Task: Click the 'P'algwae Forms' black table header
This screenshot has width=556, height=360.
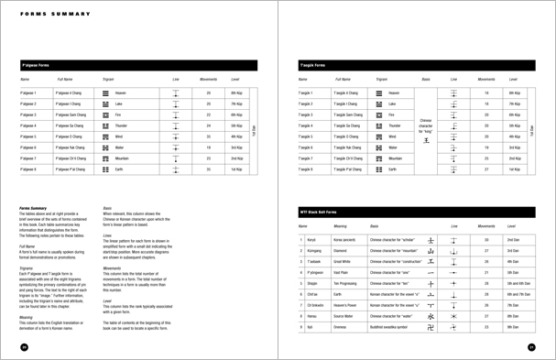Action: [x=37, y=66]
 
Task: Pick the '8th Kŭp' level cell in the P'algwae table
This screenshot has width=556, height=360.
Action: [x=235, y=93]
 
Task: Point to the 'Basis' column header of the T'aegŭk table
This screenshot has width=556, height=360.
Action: [x=425, y=80]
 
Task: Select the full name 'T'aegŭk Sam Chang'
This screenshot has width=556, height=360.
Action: [x=346, y=115]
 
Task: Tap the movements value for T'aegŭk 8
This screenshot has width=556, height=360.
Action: [x=485, y=169]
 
